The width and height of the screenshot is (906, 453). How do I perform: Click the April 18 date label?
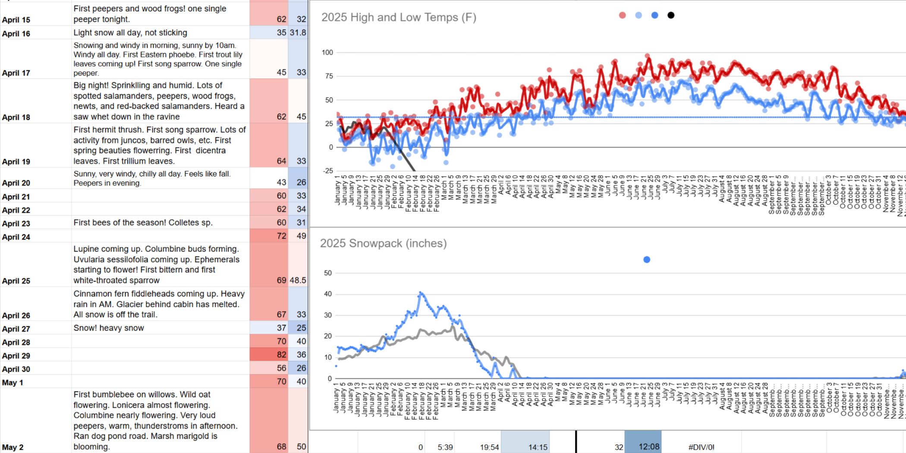pos(16,117)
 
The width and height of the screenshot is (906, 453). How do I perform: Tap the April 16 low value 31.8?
pos(298,32)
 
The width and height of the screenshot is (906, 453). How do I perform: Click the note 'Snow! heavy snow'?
pos(109,328)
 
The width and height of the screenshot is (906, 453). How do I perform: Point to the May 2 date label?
pos(13,447)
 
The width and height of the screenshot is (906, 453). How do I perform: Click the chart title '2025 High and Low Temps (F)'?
pos(399,17)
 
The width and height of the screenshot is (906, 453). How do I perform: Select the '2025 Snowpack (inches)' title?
pos(383,243)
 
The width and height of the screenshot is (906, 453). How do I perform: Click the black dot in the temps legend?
pos(671,16)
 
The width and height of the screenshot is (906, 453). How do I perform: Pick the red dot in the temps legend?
pos(622,16)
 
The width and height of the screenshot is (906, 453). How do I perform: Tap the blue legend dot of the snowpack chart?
pos(647,260)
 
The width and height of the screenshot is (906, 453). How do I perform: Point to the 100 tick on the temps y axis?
pos(327,53)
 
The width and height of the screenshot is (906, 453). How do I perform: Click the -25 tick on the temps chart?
pos(328,171)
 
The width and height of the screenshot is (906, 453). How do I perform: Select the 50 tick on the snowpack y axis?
pos(328,273)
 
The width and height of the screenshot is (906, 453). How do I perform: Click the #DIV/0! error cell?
pos(701,447)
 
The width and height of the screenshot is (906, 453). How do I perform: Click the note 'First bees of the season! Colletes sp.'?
pos(143,223)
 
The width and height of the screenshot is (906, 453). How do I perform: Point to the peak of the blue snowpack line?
pos(421,293)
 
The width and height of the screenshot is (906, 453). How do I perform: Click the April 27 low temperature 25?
pos(301,328)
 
